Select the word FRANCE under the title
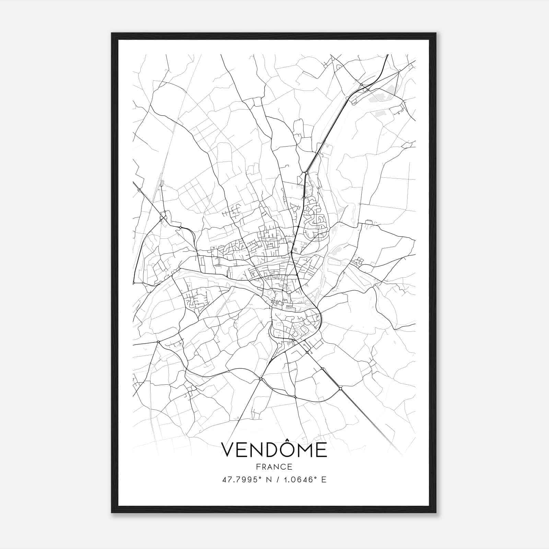tap(274, 467)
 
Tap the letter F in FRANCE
tap(258, 467)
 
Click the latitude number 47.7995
tap(237, 480)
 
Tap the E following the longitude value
tap(324, 480)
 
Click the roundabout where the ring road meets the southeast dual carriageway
tap(340, 388)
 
